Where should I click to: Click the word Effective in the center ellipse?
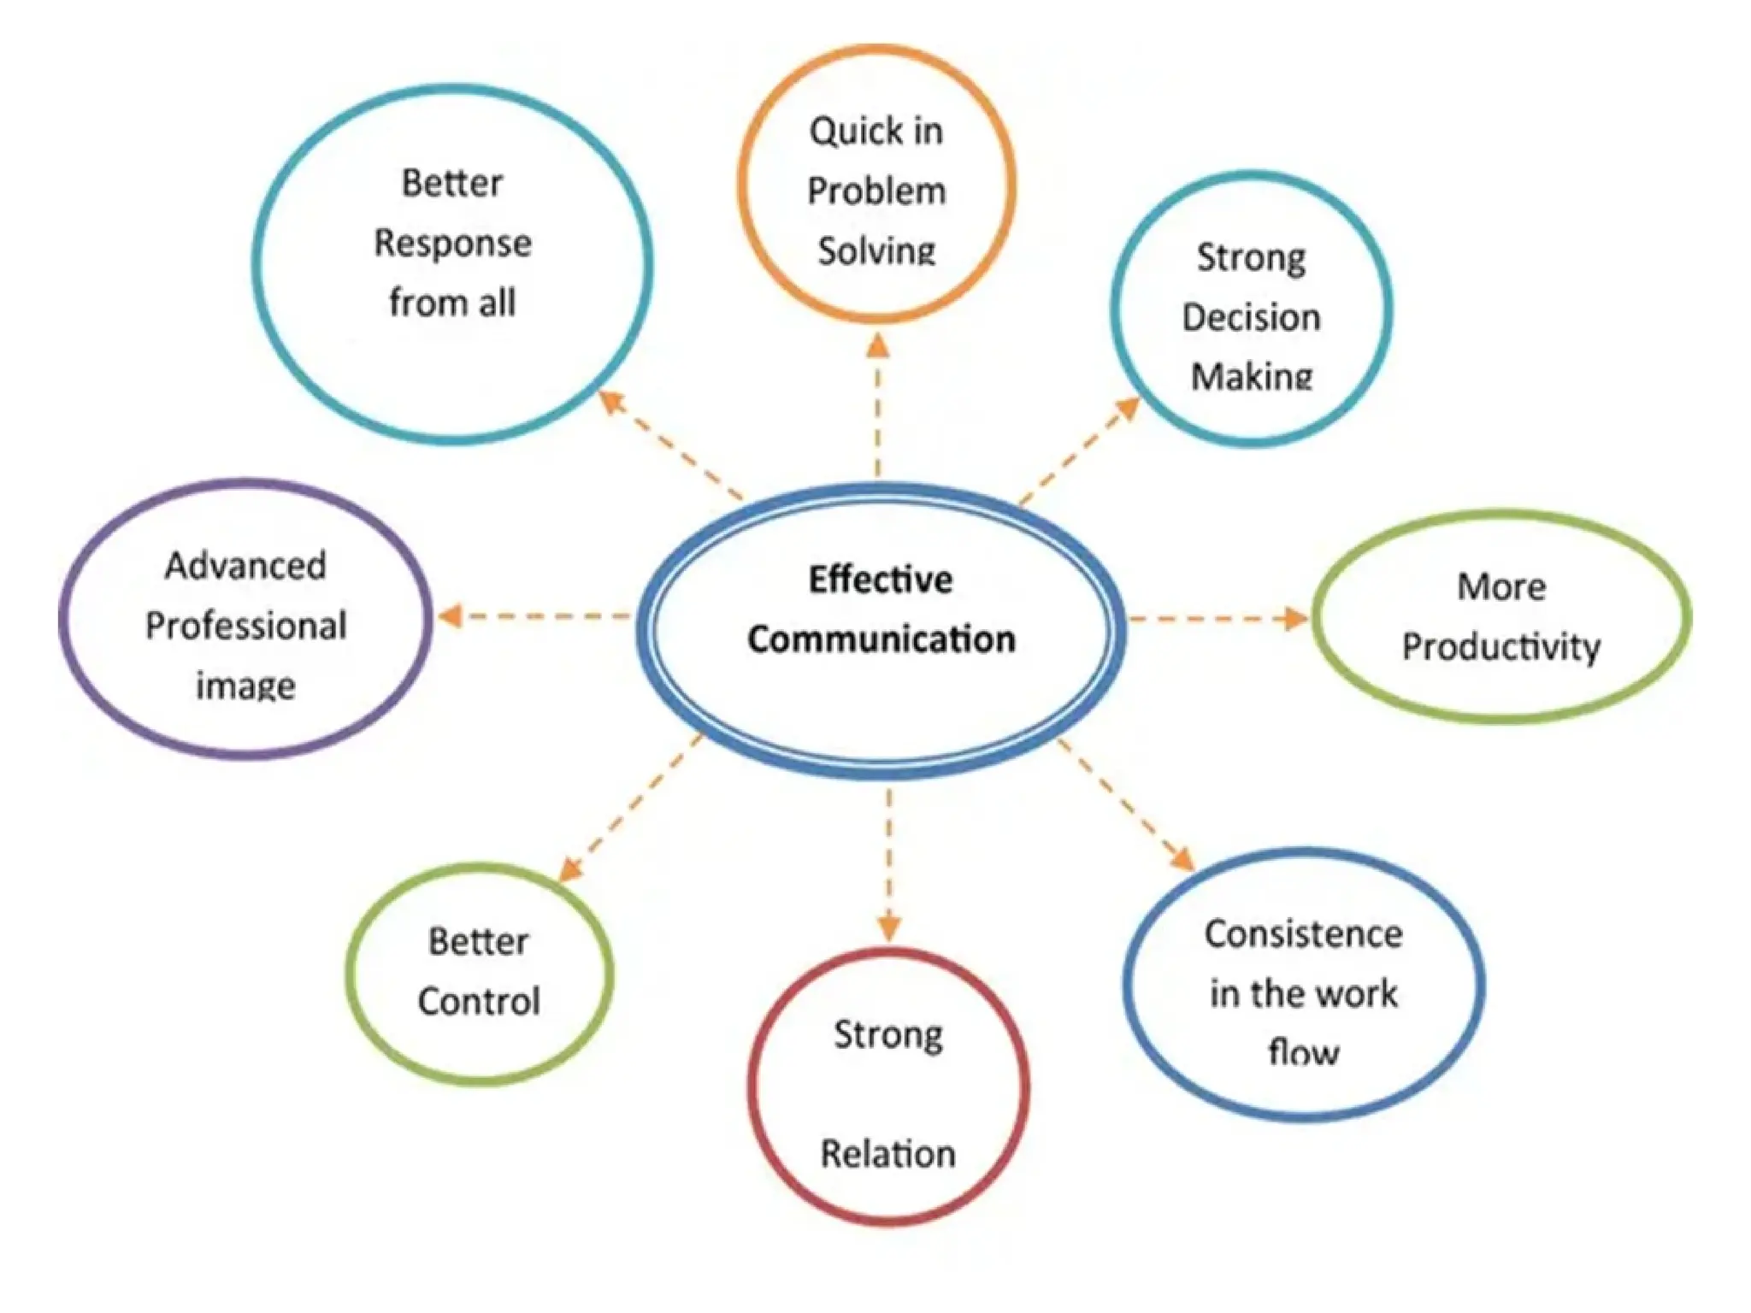(880, 580)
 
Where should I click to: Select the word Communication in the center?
(881, 640)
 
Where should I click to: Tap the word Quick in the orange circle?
(845, 132)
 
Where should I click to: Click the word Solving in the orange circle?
(876, 251)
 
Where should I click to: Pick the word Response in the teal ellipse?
(452, 244)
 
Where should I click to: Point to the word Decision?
(1251, 318)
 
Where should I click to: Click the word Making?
(1251, 376)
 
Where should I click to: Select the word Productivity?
(1500, 647)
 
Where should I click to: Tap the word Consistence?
(1303, 934)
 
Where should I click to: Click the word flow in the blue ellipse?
(1303, 1051)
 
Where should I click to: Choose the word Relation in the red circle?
(887, 1154)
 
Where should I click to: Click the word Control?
(479, 1002)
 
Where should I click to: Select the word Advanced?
(246, 566)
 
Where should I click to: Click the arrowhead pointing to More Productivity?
(1296, 618)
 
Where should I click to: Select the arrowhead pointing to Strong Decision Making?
(1128, 409)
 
